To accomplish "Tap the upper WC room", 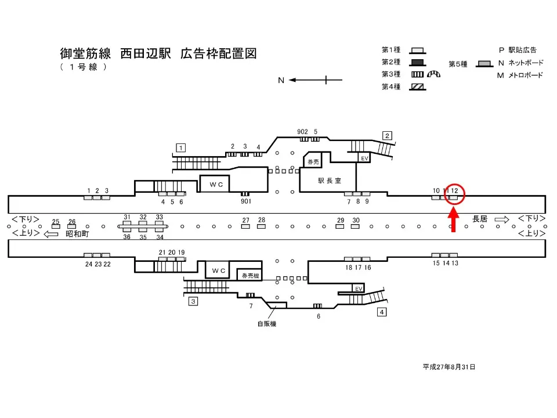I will pos(216,184).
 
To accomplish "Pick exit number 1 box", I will pos(182,147).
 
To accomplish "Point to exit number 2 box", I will pos(387,136).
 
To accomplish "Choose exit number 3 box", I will pos(194,301).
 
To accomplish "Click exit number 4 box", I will pos(382,312).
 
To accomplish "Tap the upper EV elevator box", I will pos(364,158).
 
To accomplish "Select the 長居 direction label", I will pos(480,219).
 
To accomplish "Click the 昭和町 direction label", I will pos(77,233).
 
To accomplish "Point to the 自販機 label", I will pos(267,324).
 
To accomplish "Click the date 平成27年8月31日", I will pos(449,367).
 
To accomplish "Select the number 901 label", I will pos(245,202).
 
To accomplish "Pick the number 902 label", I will pos(302,132).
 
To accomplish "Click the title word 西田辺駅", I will pos(146,54).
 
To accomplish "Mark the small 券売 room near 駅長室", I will pos(314,161).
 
